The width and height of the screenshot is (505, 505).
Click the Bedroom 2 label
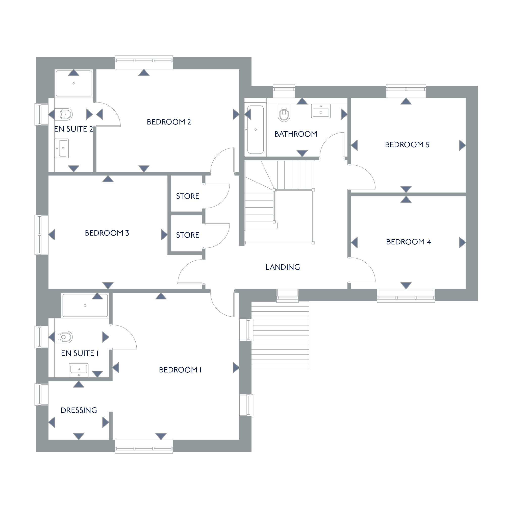pyautogui.click(x=169, y=122)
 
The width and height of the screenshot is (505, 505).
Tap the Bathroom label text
pyautogui.click(x=296, y=134)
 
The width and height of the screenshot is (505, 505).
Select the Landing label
pyautogui.click(x=283, y=267)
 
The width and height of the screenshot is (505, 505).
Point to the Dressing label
pyautogui.click(x=79, y=410)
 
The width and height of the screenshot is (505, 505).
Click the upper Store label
pyautogui.click(x=188, y=196)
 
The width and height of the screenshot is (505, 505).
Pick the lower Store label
pyautogui.click(x=188, y=235)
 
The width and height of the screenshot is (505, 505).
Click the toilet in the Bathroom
pyautogui.click(x=284, y=113)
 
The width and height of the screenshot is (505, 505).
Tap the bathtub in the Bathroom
pyautogui.click(x=255, y=129)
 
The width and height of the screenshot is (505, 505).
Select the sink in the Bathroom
pyautogui.click(x=321, y=111)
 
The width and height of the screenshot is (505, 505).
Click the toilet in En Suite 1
pyautogui.click(x=64, y=337)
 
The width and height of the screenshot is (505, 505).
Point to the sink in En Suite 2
pyautogui.click(x=62, y=148)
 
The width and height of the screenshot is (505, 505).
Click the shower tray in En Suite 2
pyautogui.click(x=74, y=83)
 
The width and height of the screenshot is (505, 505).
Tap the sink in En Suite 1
pyautogui.click(x=79, y=370)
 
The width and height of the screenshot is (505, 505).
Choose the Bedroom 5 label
pyautogui.click(x=407, y=144)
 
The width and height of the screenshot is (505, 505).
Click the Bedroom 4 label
pyautogui.click(x=409, y=242)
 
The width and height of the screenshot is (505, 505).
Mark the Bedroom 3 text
pyautogui.click(x=107, y=233)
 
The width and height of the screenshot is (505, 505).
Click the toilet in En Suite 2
pyautogui.click(x=64, y=114)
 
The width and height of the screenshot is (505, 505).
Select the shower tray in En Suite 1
pyautogui.click(x=85, y=305)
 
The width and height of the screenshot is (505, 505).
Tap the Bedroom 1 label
pyautogui.click(x=180, y=370)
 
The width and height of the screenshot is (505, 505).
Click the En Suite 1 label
pyautogui.click(x=80, y=353)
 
